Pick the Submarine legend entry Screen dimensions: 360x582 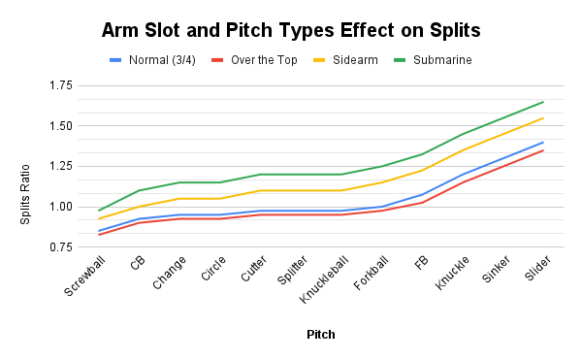pos(438,60)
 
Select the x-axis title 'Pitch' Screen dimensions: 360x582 pos(321,334)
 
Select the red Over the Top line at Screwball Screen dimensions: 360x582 pos(98,235)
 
